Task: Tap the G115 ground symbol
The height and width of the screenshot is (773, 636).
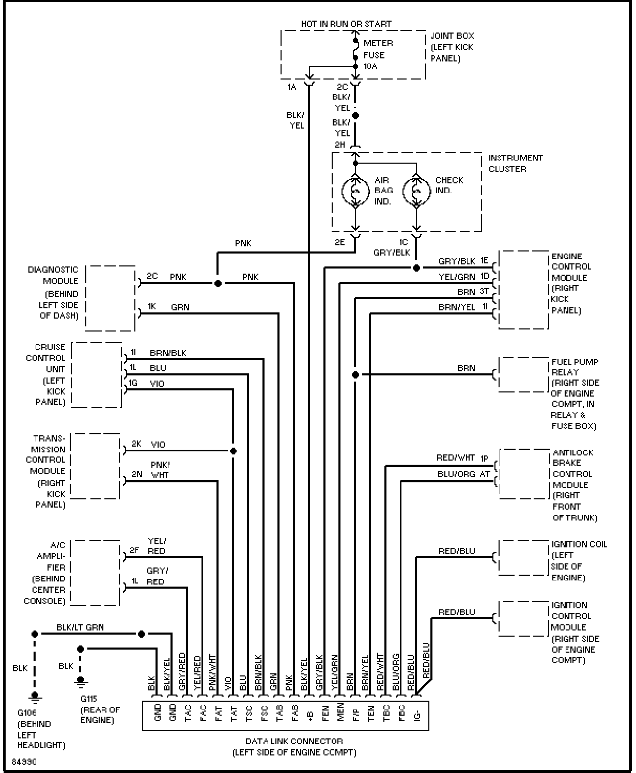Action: [81, 682]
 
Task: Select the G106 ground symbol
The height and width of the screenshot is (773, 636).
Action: [35, 697]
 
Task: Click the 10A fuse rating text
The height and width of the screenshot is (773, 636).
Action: [370, 66]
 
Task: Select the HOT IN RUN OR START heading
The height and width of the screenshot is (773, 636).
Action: [346, 24]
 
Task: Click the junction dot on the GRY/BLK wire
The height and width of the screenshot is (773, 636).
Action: [416, 268]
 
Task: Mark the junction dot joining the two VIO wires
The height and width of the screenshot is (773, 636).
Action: [234, 451]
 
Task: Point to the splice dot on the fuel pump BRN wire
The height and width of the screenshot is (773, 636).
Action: [355, 374]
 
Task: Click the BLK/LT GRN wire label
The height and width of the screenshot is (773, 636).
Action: [80, 627]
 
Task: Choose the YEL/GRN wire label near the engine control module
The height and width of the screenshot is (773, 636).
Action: [457, 277]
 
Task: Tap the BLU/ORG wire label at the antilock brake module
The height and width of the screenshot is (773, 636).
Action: [456, 474]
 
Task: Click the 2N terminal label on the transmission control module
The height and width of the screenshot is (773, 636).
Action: [137, 474]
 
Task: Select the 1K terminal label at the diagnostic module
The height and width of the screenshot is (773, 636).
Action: [152, 306]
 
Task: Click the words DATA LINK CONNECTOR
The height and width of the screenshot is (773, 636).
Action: [294, 741]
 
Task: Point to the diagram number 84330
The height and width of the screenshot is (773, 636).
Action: [24, 762]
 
